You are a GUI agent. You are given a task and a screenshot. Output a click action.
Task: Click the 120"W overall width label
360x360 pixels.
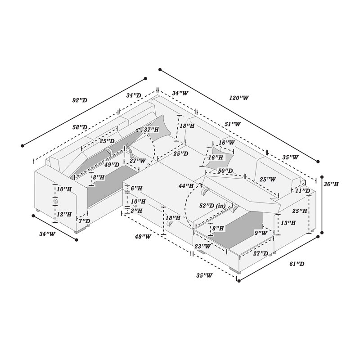239,98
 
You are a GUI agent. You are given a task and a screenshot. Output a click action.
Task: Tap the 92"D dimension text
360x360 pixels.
80,100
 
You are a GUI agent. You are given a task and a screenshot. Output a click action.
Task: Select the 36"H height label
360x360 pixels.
331,184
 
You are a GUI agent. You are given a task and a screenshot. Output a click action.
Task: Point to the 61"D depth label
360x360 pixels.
297,264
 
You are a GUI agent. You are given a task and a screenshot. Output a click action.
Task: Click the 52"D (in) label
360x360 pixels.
212,206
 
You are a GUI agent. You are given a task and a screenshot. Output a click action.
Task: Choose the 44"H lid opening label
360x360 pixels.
186,186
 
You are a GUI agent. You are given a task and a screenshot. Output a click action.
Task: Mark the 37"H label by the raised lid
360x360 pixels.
151,130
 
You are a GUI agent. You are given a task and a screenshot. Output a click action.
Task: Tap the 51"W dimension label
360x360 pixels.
233,124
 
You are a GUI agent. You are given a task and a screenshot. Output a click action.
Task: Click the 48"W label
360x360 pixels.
143,236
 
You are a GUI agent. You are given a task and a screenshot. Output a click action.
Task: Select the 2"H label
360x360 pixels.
136,210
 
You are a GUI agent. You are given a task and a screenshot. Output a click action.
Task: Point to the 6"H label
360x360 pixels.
136,189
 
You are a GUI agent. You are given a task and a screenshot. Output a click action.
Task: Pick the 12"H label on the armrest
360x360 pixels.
64,214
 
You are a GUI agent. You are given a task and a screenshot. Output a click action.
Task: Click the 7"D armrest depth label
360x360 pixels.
84,221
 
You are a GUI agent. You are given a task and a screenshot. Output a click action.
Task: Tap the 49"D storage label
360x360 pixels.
112,164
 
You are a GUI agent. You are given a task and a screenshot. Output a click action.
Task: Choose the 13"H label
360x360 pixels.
288,223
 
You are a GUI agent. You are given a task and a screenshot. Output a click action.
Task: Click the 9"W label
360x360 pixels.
261,233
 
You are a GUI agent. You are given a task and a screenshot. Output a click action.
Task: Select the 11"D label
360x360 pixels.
302,190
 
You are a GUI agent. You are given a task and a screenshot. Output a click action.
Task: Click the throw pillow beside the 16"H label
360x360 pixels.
219,157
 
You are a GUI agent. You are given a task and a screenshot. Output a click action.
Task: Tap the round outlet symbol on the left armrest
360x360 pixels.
55,201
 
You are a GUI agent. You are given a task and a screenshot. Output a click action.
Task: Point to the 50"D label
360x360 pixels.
225,171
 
